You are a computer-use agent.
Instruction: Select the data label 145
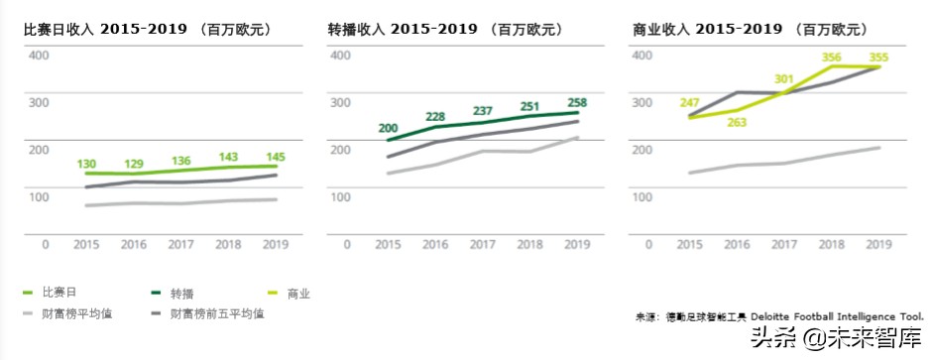[x=276, y=157]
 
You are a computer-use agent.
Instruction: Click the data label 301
[x=784, y=79]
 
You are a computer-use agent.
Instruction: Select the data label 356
[x=831, y=58]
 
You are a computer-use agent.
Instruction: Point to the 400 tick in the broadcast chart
[x=339, y=55]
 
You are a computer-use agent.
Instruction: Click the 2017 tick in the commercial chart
[x=784, y=243]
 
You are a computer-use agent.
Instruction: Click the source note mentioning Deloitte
[x=779, y=317]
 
